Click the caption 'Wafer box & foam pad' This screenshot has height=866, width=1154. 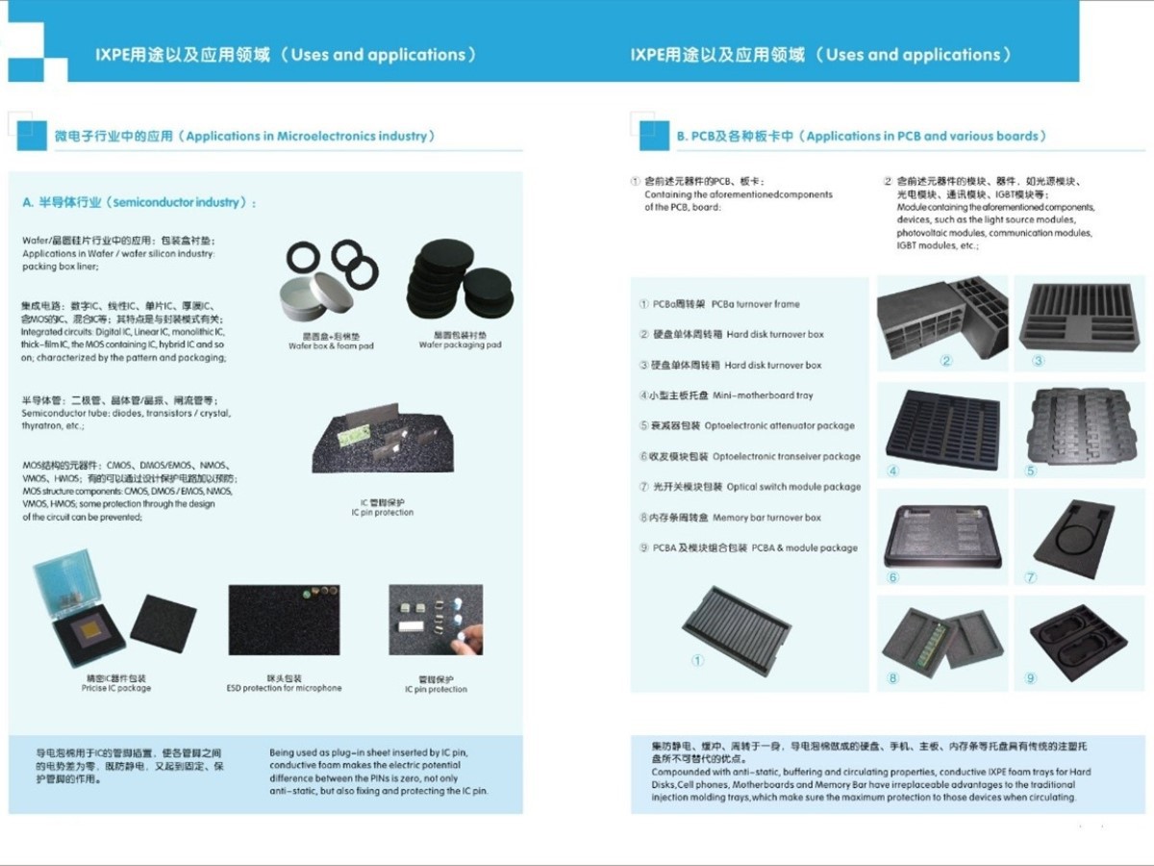click(x=331, y=345)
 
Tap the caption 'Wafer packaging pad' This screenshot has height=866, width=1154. click(x=460, y=344)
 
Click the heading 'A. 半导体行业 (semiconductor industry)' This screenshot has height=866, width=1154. click(x=139, y=203)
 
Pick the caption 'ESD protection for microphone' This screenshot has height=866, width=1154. click(x=284, y=688)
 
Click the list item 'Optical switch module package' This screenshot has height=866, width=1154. click(x=750, y=487)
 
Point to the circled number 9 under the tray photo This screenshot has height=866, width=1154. click(x=1031, y=678)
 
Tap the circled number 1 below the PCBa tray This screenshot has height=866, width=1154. click(x=697, y=661)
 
